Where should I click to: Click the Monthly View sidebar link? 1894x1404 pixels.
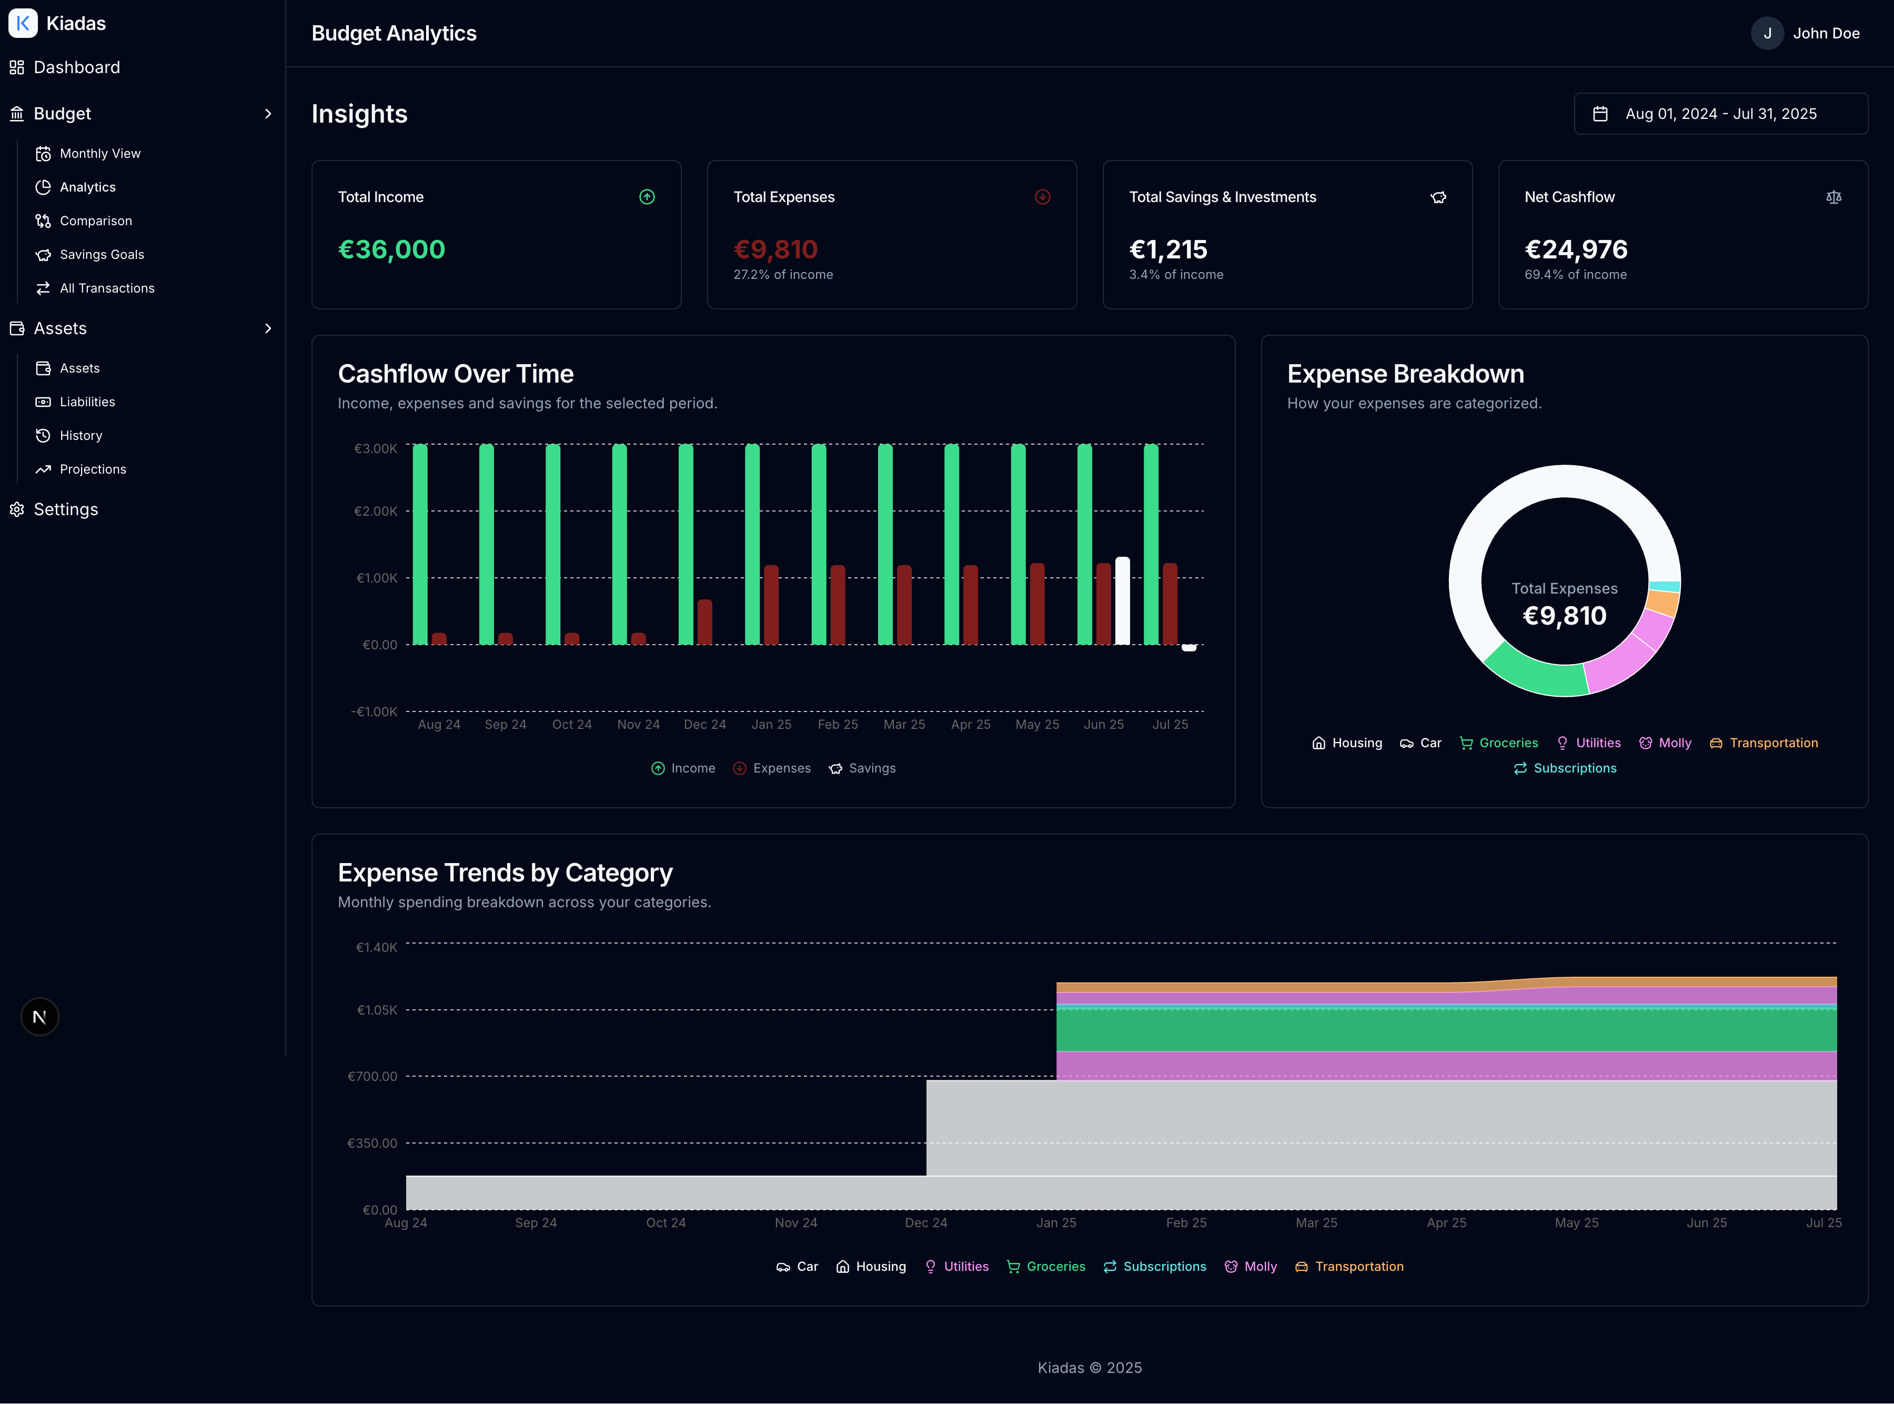(x=99, y=154)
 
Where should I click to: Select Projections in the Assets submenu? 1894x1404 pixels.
(x=93, y=469)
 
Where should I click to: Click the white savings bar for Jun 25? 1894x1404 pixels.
(x=1123, y=601)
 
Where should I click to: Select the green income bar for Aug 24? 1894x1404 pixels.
(x=420, y=544)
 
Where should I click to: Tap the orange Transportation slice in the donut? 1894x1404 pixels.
(x=1663, y=603)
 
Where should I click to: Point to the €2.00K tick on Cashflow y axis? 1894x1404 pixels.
(x=376, y=512)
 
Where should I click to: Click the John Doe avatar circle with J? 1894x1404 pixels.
(x=1767, y=33)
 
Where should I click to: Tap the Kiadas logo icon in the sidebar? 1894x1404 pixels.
(x=23, y=23)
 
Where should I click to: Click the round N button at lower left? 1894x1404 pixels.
(x=39, y=1017)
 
